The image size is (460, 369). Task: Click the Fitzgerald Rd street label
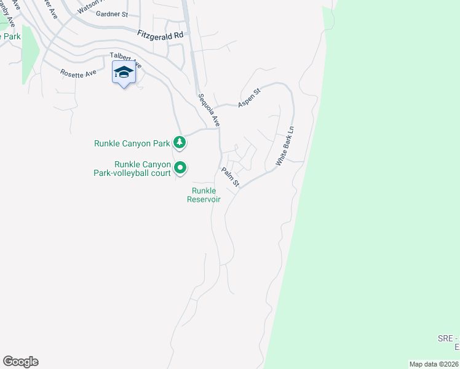pyautogui.click(x=161, y=36)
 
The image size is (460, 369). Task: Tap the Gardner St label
pyautogui.click(x=112, y=14)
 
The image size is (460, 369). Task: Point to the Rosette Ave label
pyautogui.click(x=78, y=73)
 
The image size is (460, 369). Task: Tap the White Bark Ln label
pyautogui.click(x=285, y=146)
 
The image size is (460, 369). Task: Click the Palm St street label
pyautogui.click(x=230, y=178)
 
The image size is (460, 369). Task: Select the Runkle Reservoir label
pyautogui.click(x=204, y=195)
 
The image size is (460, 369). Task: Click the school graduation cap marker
pyautogui.click(x=124, y=73)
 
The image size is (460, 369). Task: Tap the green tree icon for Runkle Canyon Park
pyautogui.click(x=180, y=143)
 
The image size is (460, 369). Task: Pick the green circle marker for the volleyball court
pyautogui.click(x=180, y=167)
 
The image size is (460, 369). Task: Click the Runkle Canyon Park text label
pyautogui.click(x=132, y=143)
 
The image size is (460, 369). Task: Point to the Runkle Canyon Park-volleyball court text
pyautogui.click(x=142, y=169)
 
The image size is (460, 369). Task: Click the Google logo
pyautogui.click(x=20, y=362)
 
